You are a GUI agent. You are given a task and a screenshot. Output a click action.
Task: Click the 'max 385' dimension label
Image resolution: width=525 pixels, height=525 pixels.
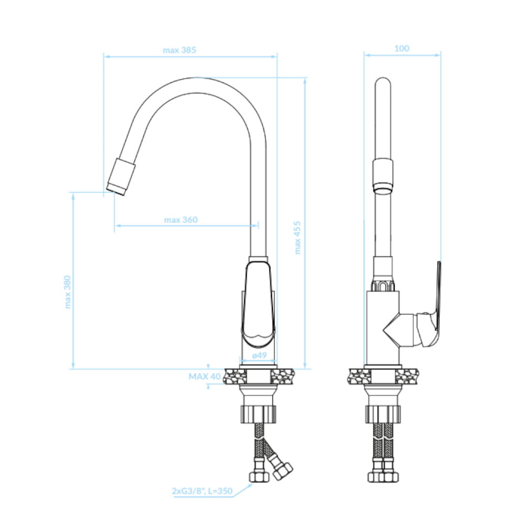(x=180, y=50)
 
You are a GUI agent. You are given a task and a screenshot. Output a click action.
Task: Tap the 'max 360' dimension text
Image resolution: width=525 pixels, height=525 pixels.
(x=181, y=220)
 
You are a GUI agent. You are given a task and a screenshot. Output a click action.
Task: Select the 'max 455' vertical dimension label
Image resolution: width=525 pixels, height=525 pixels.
(x=297, y=238)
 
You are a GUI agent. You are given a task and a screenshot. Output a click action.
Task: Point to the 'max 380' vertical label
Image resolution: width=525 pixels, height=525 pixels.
(x=68, y=292)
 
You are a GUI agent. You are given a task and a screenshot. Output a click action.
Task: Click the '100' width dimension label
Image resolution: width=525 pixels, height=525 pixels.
(x=402, y=48)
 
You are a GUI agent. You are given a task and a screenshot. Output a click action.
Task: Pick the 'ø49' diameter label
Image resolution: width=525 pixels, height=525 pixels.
(x=259, y=355)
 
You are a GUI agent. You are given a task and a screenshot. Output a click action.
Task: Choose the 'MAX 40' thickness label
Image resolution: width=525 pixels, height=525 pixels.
(x=205, y=376)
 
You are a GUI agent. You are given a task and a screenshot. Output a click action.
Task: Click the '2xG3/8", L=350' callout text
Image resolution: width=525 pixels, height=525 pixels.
(x=202, y=491)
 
